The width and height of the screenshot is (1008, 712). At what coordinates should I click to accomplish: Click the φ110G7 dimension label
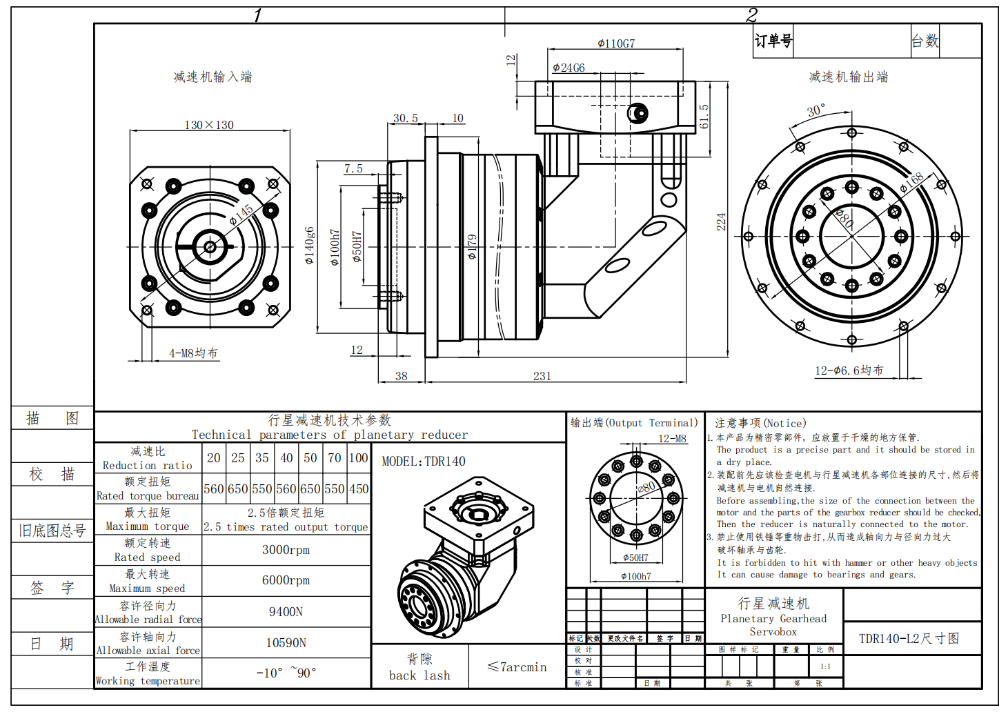click(x=615, y=43)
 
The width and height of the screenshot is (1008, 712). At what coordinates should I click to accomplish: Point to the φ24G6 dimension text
click(x=569, y=68)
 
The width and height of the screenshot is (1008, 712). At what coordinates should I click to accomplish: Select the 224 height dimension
click(x=721, y=221)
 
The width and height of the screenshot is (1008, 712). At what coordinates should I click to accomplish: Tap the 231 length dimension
click(x=542, y=376)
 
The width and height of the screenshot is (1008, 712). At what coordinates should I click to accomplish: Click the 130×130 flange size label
click(x=208, y=125)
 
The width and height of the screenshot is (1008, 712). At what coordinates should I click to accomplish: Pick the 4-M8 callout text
click(x=193, y=353)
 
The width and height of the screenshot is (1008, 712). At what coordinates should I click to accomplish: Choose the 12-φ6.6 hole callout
click(x=849, y=370)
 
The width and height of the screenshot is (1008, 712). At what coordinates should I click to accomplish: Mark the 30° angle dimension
click(x=816, y=111)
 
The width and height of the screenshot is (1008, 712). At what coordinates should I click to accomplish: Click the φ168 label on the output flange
click(x=911, y=182)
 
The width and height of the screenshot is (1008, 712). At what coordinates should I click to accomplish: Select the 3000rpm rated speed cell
click(x=286, y=550)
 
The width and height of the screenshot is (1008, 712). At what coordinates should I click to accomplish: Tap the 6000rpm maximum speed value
click(x=286, y=580)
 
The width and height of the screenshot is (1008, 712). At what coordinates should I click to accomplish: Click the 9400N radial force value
click(x=286, y=612)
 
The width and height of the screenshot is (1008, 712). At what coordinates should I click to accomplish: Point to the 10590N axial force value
click(x=286, y=643)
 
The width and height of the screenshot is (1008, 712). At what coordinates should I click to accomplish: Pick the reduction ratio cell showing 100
click(x=358, y=458)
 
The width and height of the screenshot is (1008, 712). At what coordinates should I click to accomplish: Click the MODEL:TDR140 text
click(x=424, y=462)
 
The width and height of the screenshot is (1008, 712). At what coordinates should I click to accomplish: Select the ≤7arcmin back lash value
click(x=517, y=667)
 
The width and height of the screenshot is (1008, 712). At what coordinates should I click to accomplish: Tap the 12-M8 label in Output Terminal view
click(x=672, y=439)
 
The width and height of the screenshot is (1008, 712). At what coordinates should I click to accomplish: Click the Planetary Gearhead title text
click(x=773, y=619)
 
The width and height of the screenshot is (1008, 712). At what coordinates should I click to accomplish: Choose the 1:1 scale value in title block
click(x=825, y=666)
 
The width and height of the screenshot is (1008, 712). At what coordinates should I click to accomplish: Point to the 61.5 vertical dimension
click(x=704, y=117)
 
